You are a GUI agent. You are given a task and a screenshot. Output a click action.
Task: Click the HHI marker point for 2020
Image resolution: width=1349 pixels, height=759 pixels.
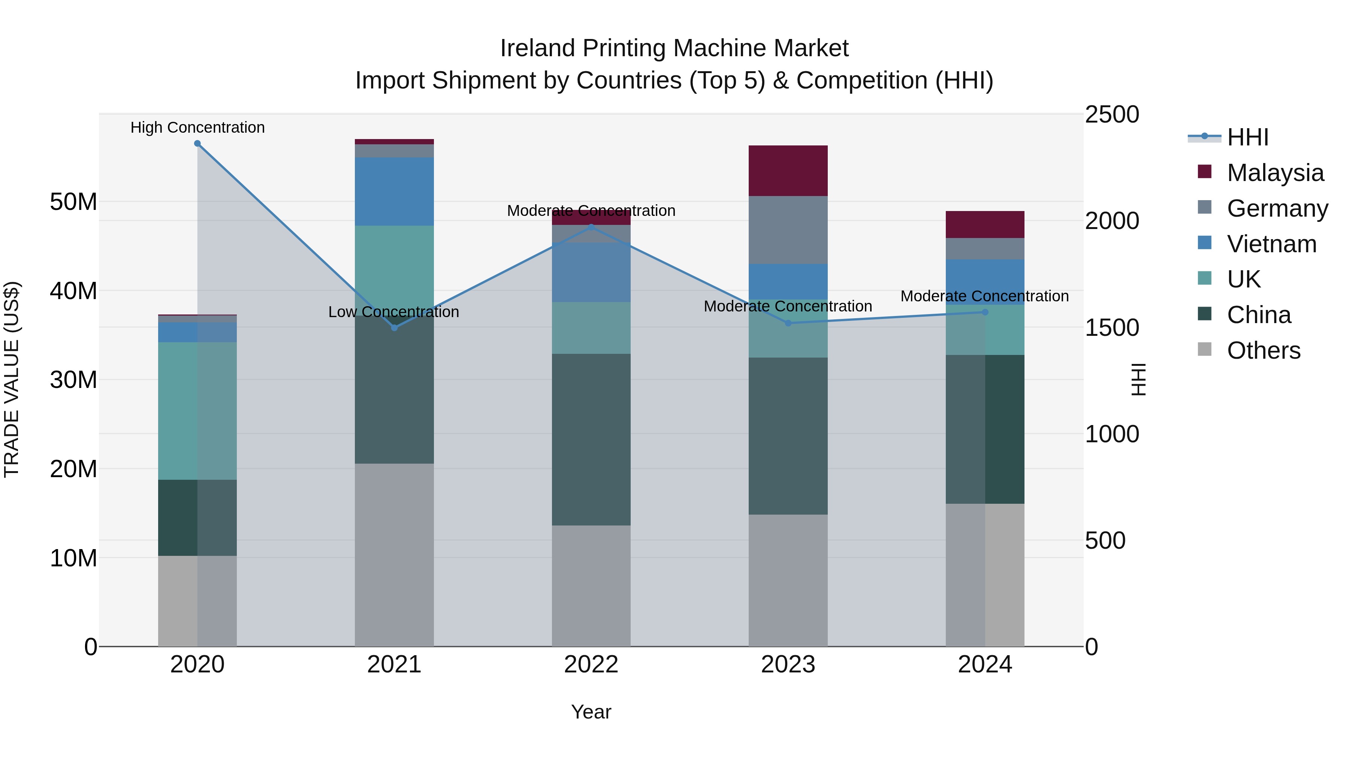(197, 144)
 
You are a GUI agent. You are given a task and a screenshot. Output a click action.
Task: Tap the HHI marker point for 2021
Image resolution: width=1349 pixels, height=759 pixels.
(394, 328)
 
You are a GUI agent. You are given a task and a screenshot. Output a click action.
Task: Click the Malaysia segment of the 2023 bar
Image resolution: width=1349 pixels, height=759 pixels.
(788, 171)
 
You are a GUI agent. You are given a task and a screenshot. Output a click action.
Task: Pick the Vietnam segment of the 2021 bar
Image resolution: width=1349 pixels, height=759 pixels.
(394, 191)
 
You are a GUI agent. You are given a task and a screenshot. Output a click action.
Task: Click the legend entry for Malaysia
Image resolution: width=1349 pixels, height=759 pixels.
(1275, 173)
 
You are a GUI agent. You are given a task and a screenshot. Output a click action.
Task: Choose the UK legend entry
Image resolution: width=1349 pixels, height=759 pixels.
(1243, 279)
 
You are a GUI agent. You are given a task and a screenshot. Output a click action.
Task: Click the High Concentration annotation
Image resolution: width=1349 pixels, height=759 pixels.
(197, 127)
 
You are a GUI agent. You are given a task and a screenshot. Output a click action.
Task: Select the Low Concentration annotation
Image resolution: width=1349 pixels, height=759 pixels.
(393, 312)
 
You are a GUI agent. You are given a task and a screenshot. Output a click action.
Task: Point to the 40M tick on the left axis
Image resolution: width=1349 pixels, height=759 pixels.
(73, 291)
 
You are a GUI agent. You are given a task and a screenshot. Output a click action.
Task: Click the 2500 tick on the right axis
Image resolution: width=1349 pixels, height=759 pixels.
(1111, 114)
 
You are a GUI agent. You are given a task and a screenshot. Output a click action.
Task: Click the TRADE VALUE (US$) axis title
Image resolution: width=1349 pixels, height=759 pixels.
(12, 379)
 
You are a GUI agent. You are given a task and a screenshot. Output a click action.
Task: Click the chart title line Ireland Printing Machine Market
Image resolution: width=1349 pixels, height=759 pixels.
(674, 48)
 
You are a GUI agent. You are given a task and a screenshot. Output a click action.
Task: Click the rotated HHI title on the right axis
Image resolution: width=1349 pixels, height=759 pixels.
(1138, 379)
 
